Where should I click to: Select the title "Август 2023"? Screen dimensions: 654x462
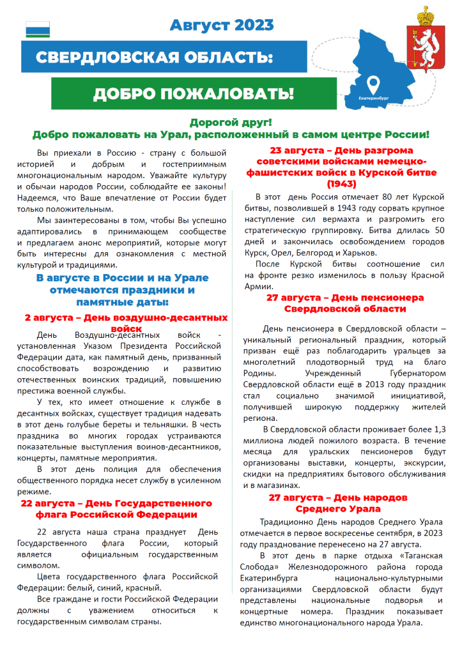click(x=222, y=26)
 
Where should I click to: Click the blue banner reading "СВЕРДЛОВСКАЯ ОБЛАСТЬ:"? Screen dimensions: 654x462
click(x=154, y=57)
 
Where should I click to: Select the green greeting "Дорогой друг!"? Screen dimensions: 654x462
click(x=231, y=123)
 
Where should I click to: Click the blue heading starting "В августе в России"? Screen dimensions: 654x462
click(x=122, y=289)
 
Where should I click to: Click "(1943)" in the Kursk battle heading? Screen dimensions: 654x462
click(x=344, y=184)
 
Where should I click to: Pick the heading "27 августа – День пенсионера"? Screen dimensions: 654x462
click(x=344, y=298)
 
